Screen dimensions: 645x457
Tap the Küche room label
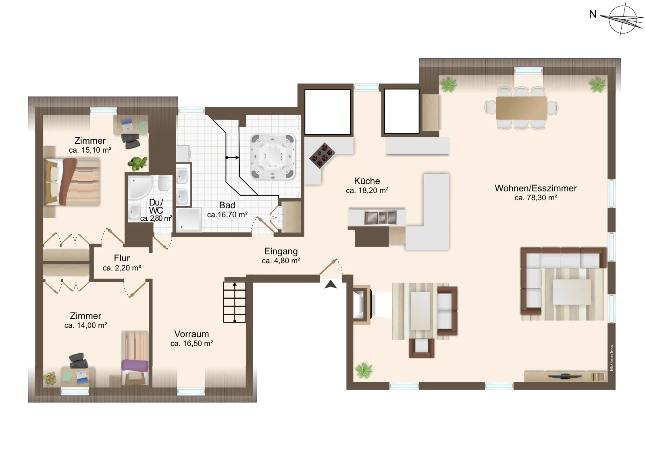tap(367, 181)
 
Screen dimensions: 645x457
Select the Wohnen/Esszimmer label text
tap(536, 188)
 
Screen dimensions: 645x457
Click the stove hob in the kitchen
tap(322, 155)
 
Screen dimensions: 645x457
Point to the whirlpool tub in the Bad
tap(273, 157)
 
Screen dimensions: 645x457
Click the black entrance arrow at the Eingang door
tap(331, 285)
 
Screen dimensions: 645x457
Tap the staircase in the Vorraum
tap(235, 302)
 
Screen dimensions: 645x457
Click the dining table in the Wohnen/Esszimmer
tap(521, 108)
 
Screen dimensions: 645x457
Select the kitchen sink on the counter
tap(381, 218)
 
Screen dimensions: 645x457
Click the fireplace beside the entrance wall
tap(362, 305)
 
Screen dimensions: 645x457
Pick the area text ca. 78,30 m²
tap(536, 198)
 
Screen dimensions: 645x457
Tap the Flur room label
tap(122, 258)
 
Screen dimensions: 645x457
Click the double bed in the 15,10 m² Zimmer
tap(72, 181)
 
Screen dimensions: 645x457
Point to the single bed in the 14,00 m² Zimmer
tap(135, 358)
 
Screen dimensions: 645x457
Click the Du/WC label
tap(156, 206)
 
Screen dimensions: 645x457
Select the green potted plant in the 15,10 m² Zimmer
tap(137, 164)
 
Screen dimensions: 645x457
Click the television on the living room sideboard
tap(564, 376)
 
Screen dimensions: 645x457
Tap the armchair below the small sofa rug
tap(422, 348)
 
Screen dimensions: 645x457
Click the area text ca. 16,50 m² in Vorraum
tap(192, 344)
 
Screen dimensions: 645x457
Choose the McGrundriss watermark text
tap(612, 358)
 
